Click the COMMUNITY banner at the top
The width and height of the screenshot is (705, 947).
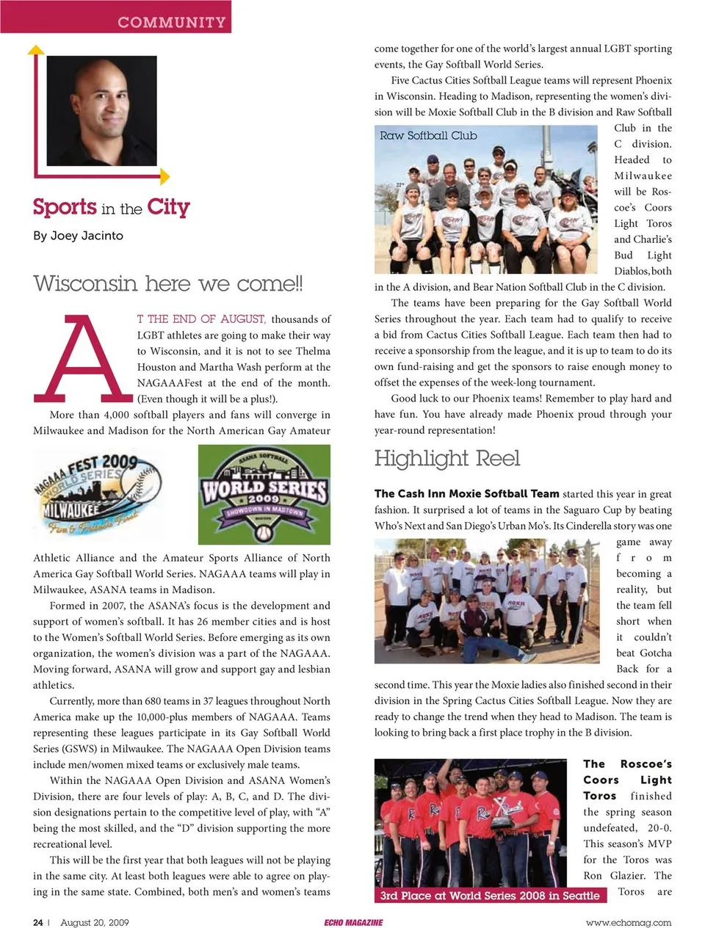[172, 22]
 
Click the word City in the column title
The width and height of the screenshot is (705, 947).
[168, 207]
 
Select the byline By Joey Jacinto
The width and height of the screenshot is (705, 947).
[78, 236]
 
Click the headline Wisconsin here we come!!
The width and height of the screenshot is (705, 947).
[168, 283]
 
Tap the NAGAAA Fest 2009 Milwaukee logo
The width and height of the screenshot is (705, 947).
[96, 493]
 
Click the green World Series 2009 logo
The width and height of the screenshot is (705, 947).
[264, 493]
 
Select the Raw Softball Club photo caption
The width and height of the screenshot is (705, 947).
[428, 136]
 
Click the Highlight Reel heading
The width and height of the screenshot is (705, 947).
[446, 459]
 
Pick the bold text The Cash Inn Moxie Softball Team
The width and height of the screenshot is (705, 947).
[466, 494]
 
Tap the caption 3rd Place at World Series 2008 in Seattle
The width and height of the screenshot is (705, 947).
[490, 896]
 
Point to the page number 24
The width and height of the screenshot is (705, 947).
[37, 923]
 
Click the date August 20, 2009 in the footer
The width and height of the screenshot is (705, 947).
[95, 923]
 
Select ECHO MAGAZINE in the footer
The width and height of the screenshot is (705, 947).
[353, 923]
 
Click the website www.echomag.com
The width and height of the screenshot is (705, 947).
[628, 923]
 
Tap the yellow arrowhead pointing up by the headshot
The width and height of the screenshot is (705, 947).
[35, 50]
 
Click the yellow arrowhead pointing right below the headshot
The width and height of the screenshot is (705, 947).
[165, 177]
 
